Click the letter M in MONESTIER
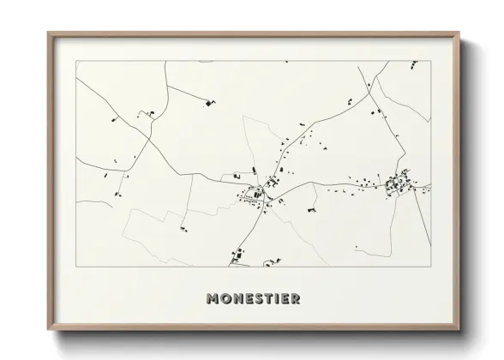[x=213, y=299]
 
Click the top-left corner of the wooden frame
[x=48, y=33]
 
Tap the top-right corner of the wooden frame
[x=459, y=33]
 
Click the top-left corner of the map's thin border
[x=75, y=61]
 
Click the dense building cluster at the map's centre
[x=257, y=195]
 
